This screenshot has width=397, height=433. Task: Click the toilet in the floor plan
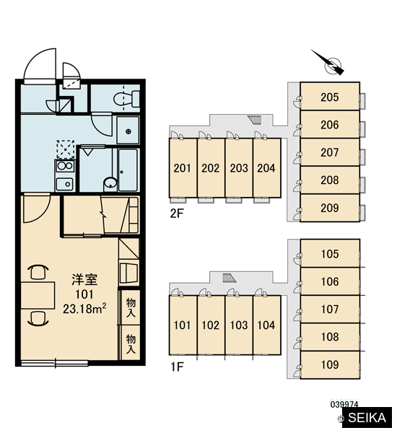point(126,99)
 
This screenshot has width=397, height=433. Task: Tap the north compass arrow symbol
point(328,63)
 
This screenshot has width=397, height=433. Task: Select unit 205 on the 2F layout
point(330,97)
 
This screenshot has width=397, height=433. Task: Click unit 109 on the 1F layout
point(330,364)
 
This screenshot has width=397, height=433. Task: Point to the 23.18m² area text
point(84,308)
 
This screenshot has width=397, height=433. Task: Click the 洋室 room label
point(84,279)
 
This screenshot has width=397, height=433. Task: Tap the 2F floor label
point(177,213)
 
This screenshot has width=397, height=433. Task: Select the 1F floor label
point(177,367)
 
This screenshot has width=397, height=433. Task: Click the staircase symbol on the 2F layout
point(254,120)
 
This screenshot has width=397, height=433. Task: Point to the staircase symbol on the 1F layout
point(230,278)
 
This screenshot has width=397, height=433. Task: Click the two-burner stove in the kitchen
point(65,166)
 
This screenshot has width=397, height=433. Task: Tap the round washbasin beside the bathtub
point(110,183)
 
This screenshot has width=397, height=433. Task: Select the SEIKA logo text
point(367,418)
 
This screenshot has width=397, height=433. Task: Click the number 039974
point(344,405)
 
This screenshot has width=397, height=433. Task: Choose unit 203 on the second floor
point(239,168)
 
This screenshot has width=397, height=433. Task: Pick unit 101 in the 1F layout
point(183,325)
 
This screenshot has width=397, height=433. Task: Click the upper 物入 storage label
point(131,307)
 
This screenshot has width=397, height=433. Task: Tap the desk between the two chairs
point(38,295)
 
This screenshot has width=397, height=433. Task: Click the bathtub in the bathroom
point(128,170)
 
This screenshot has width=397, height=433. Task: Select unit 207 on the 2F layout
point(330,152)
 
